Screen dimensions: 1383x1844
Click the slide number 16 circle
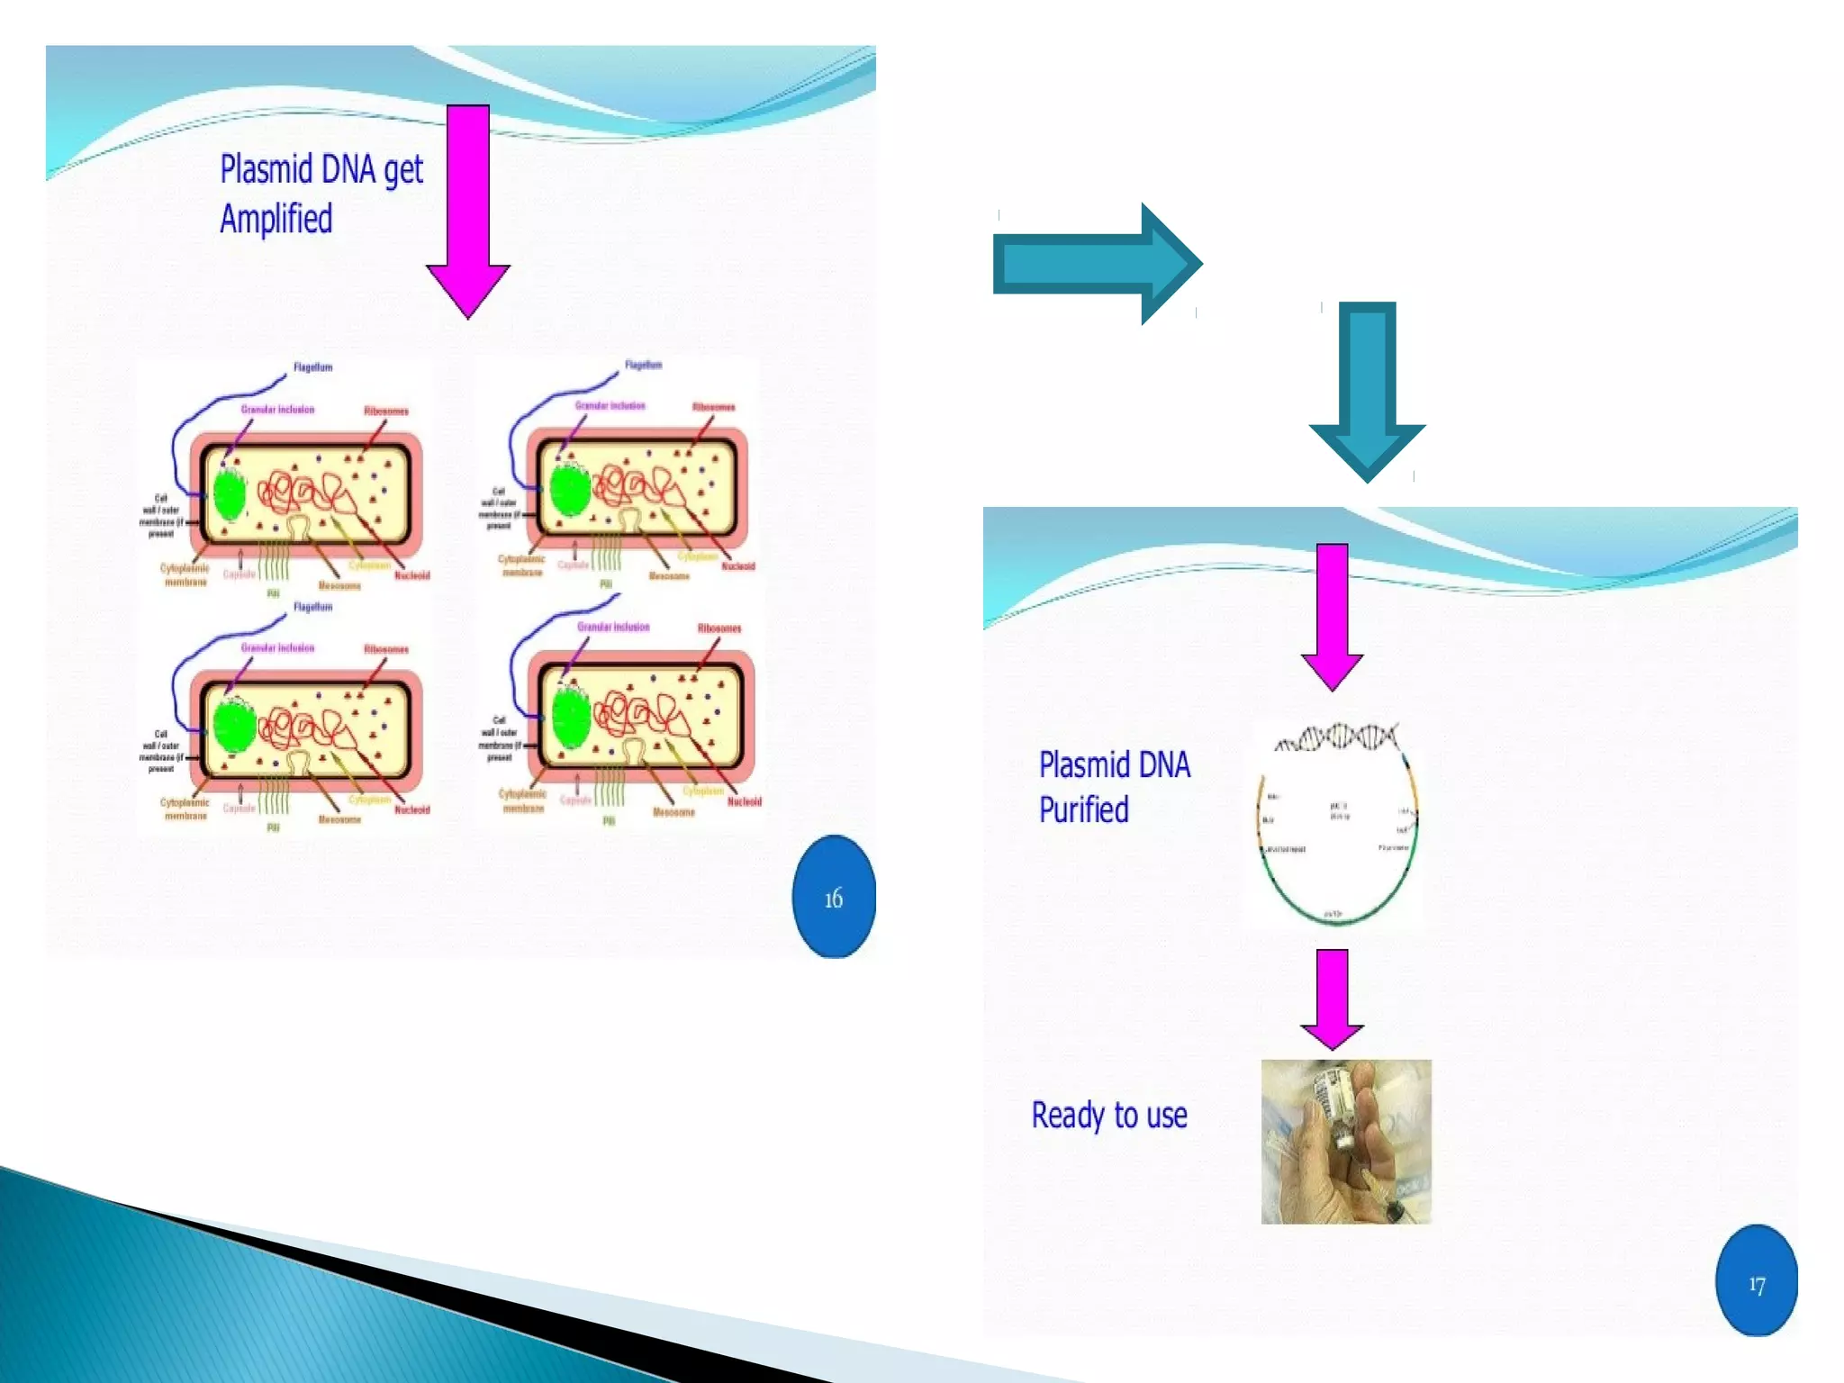[833, 897]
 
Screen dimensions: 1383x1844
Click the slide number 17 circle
[1756, 1282]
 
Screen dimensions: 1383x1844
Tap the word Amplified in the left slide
[276, 219]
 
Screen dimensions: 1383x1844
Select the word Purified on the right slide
[1084, 809]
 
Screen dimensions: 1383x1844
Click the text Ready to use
[1109, 1115]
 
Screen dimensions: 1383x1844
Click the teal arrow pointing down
[1367, 392]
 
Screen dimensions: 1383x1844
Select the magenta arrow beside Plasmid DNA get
[468, 212]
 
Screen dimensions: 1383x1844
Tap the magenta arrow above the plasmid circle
[1333, 616]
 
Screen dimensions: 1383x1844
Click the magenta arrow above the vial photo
[1333, 999]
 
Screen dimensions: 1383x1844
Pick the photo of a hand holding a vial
[1346, 1142]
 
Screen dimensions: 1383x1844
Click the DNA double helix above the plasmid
[1338, 737]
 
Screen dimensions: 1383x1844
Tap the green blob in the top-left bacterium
[230, 496]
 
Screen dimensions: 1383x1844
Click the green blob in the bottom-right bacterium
[571, 718]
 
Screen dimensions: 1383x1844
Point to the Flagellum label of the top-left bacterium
[312, 367]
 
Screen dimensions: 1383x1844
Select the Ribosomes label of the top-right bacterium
[713, 407]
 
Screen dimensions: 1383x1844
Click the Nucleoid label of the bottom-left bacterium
[411, 809]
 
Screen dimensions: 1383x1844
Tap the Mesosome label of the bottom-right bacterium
[673, 812]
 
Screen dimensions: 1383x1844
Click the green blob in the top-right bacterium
[570, 491]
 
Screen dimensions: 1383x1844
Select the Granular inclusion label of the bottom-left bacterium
[277, 647]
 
